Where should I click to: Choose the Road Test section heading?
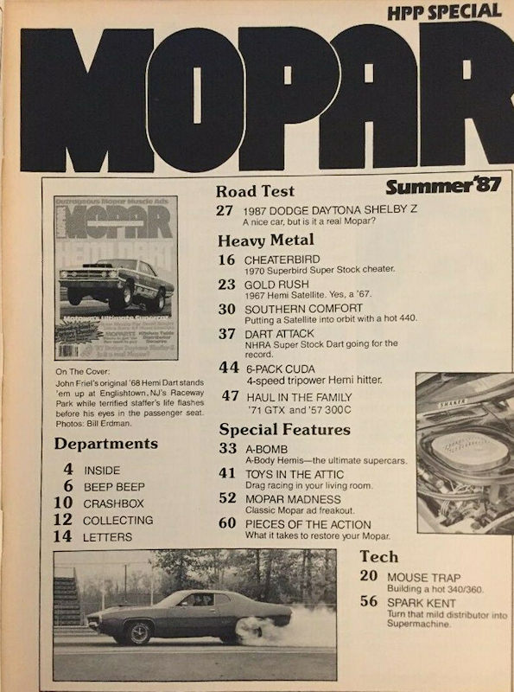click(255, 192)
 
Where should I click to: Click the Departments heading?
click(106, 444)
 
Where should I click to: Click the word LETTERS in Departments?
click(108, 537)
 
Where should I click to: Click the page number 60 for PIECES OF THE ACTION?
click(226, 524)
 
